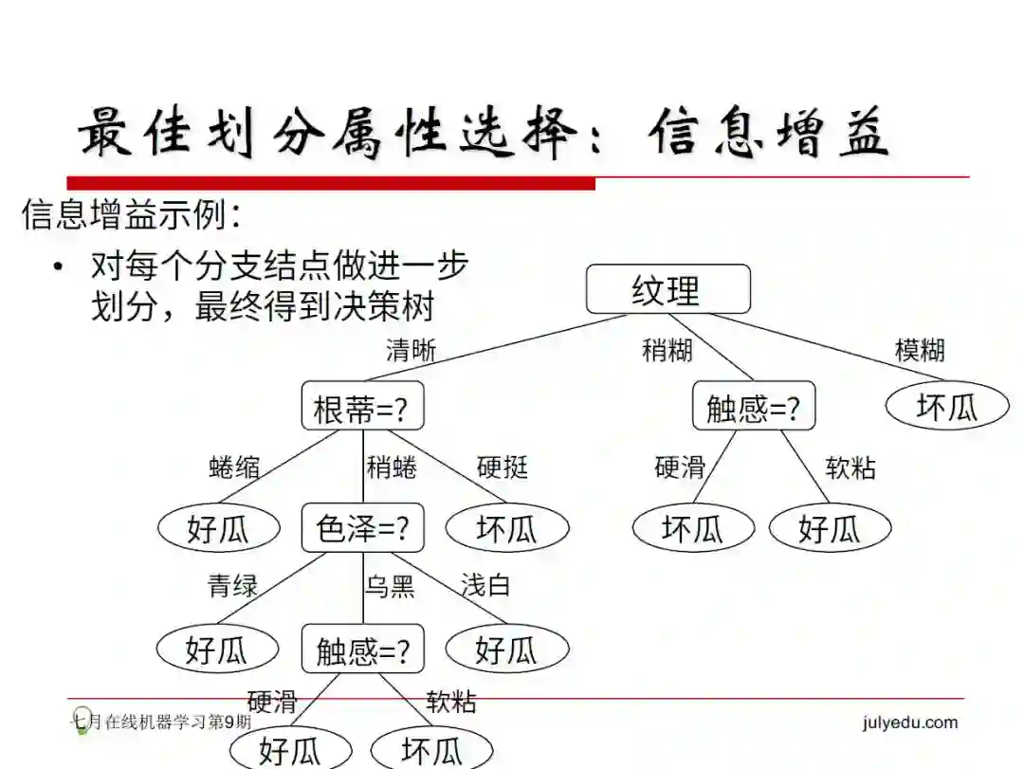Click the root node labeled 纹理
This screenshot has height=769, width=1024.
click(x=667, y=289)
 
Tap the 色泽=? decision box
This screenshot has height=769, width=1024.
click(x=362, y=528)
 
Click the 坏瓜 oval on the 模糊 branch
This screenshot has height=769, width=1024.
click(x=947, y=407)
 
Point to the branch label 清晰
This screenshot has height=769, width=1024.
click(x=411, y=351)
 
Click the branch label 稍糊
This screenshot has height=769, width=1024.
click(x=667, y=351)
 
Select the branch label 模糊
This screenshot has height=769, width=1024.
click(x=920, y=351)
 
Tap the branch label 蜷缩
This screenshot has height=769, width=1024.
click(x=233, y=467)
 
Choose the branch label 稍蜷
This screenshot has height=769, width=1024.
click(x=392, y=467)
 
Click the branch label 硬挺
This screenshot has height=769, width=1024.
click(x=503, y=467)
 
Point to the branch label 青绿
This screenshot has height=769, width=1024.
click(x=233, y=586)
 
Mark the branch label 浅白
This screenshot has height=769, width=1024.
click(x=485, y=586)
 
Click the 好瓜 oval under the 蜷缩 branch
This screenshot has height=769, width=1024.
click(x=218, y=528)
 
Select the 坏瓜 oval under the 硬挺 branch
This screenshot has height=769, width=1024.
click(x=507, y=528)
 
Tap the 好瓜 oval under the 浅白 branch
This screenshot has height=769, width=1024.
click(x=506, y=650)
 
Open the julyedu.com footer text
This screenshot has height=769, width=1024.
click(x=910, y=723)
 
